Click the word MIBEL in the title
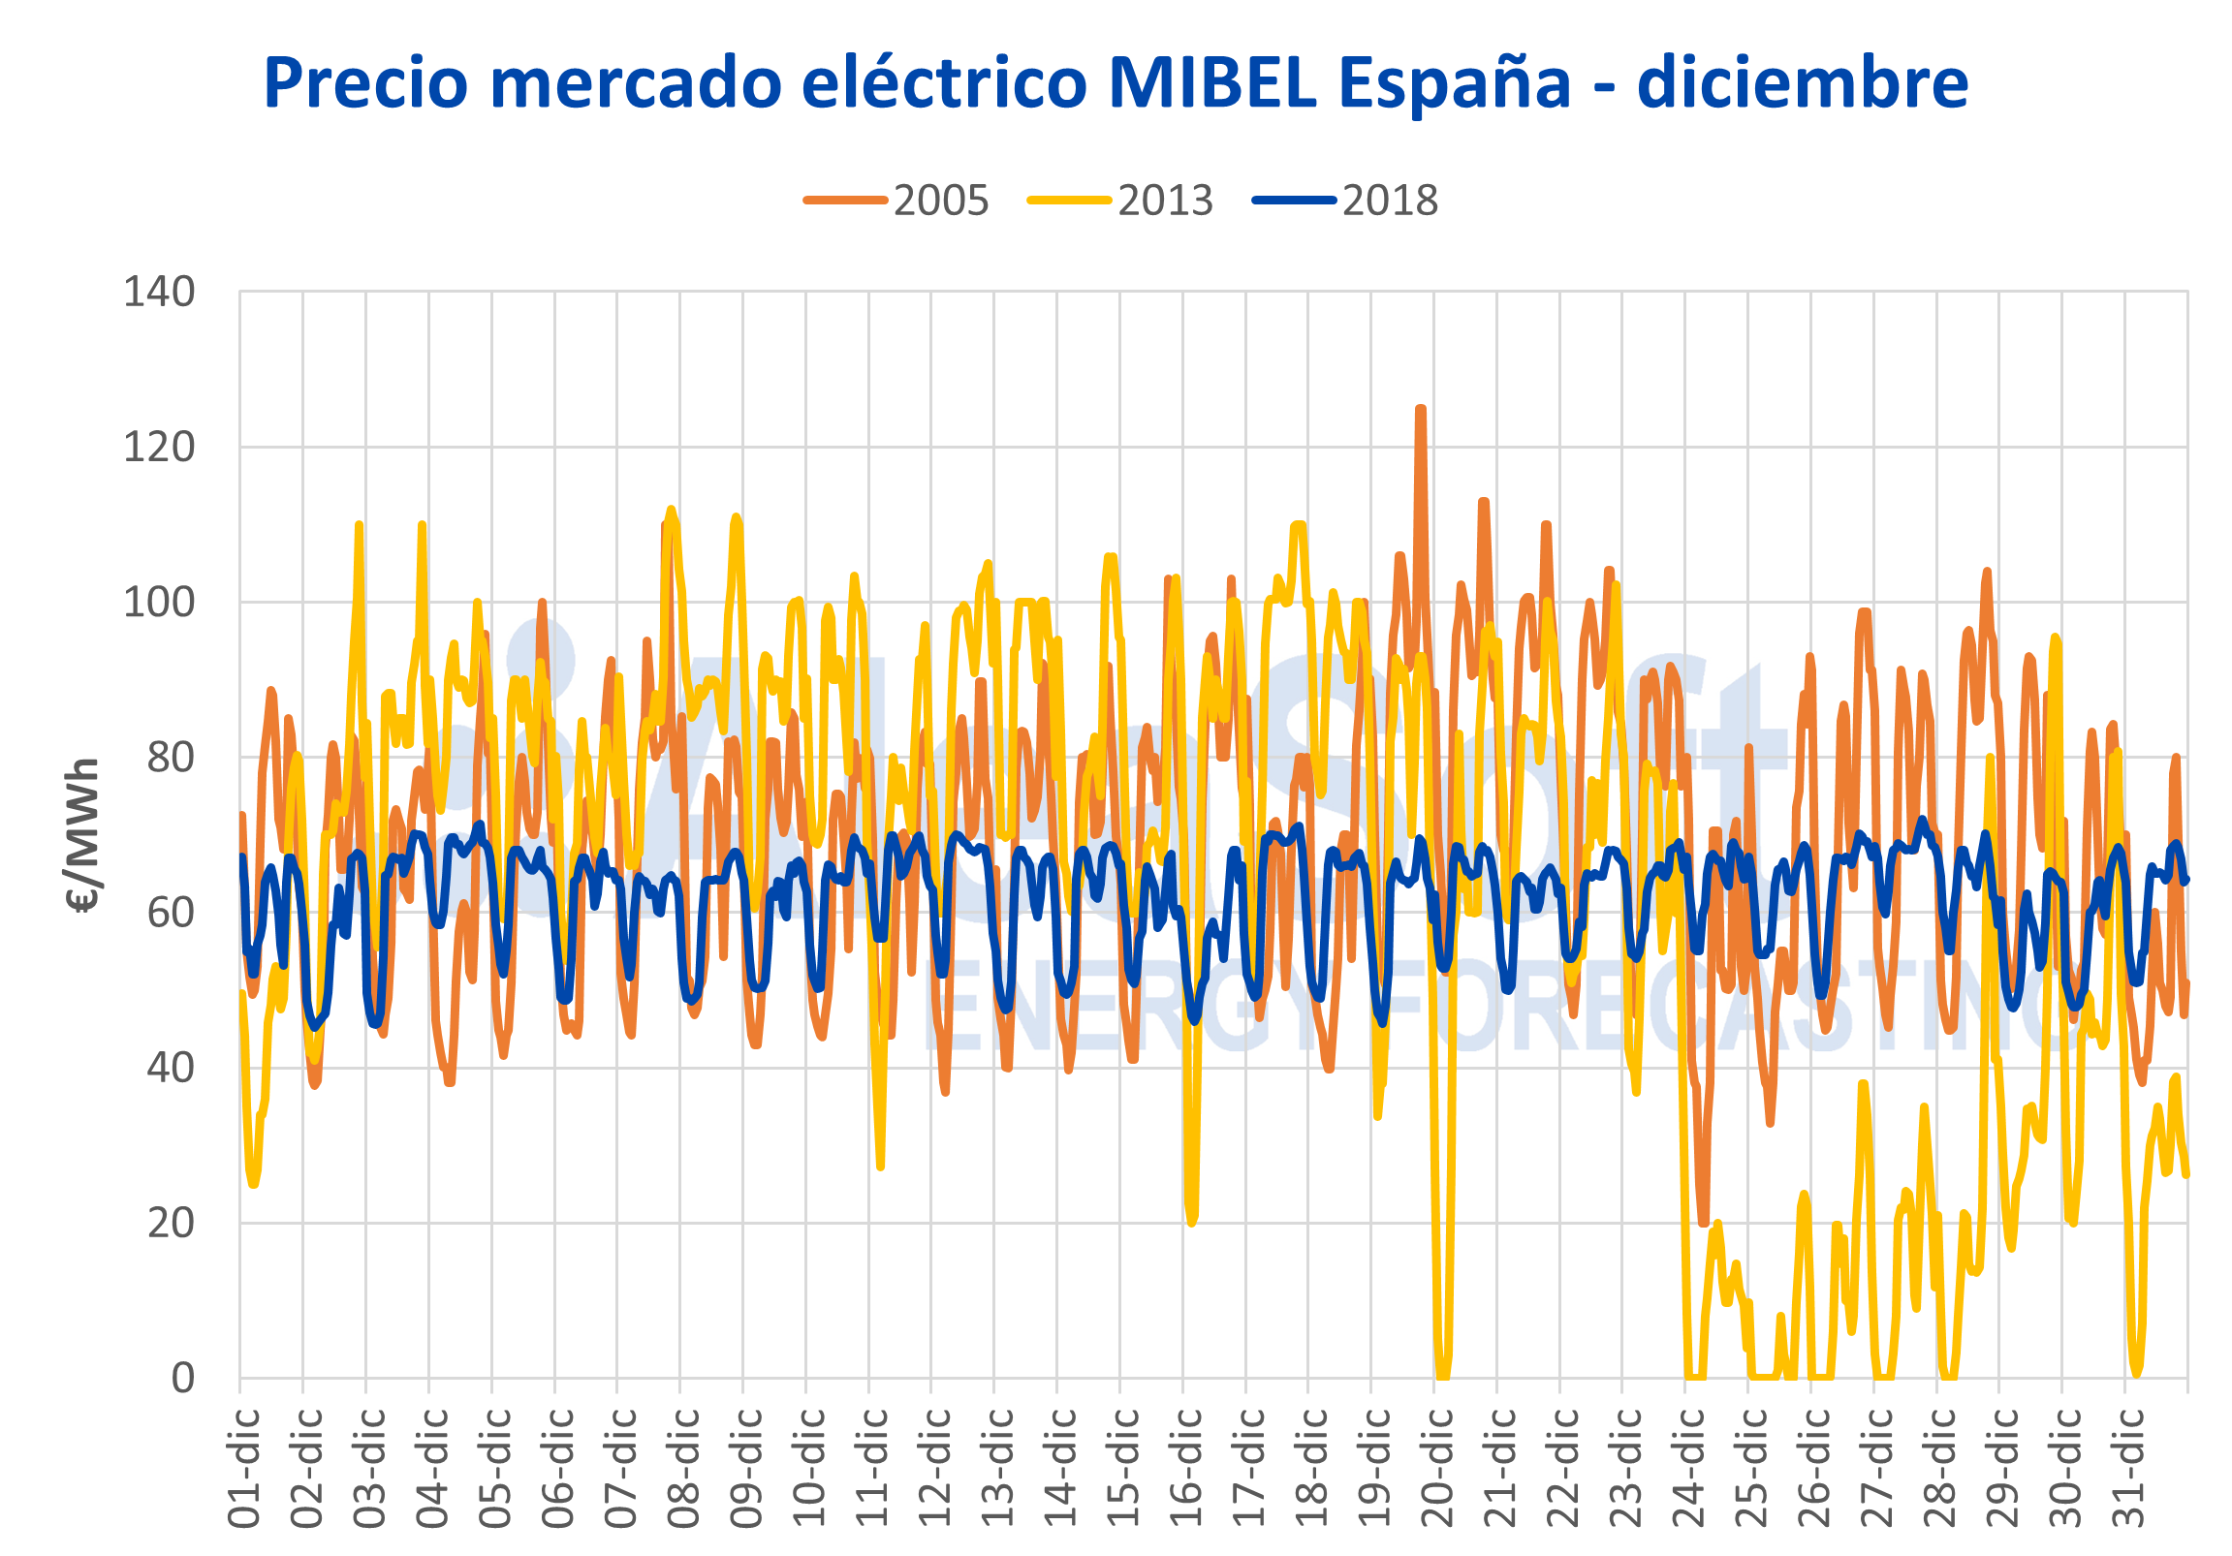tap(1211, 81)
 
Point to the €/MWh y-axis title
tap(84, 836)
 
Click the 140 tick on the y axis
tap(158, 292)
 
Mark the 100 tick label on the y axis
tap(158, 603)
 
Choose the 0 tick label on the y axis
tap(182, 1378)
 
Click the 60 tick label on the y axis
tap(171, 913)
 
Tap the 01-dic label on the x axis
tap(244, 1468)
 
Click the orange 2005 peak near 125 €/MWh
tap(1420, 410)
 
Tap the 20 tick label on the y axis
tap(171, 1223)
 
